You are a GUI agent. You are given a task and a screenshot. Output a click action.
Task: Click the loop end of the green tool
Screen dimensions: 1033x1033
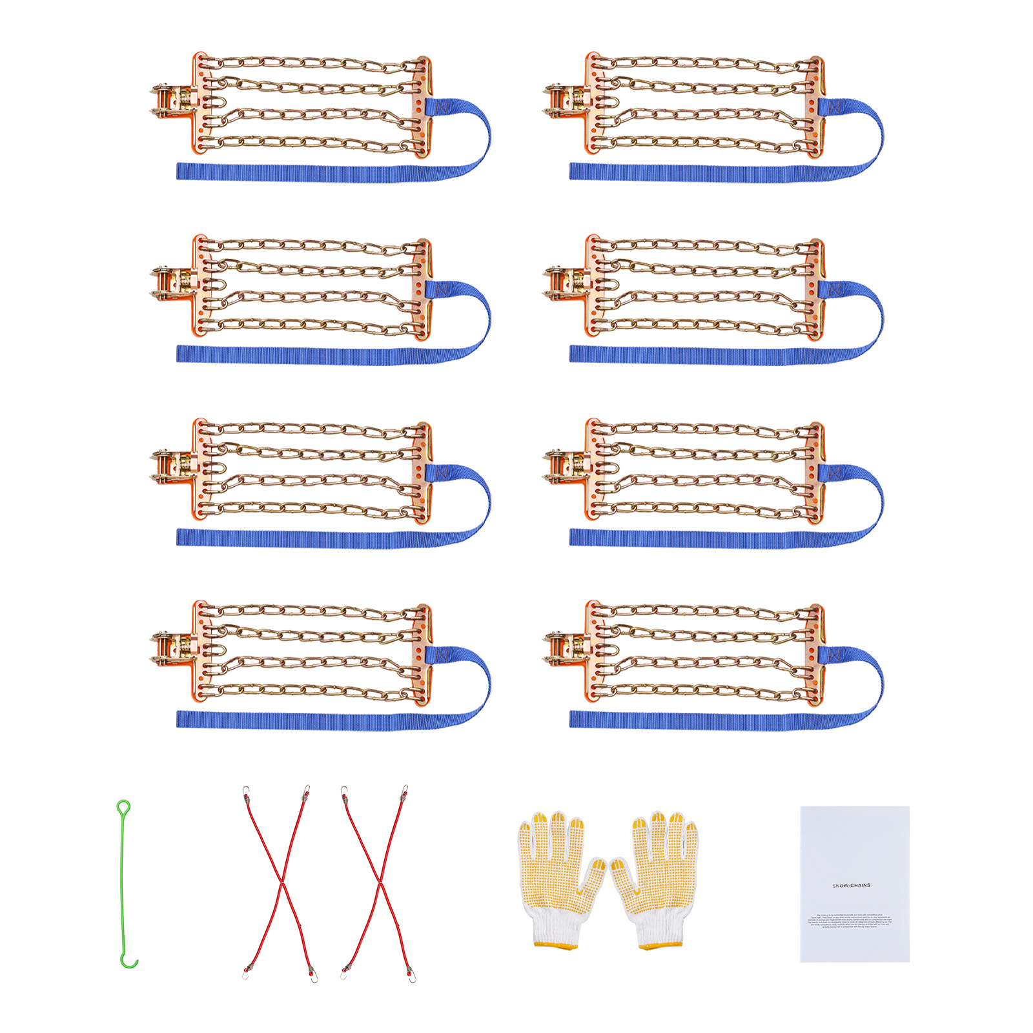[x=123, y=808]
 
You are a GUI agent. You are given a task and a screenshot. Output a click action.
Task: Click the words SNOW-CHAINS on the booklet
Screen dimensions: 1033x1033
[x=851, y=885]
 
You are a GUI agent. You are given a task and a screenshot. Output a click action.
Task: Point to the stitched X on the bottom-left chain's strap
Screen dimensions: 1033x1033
[x=442, y=655]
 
